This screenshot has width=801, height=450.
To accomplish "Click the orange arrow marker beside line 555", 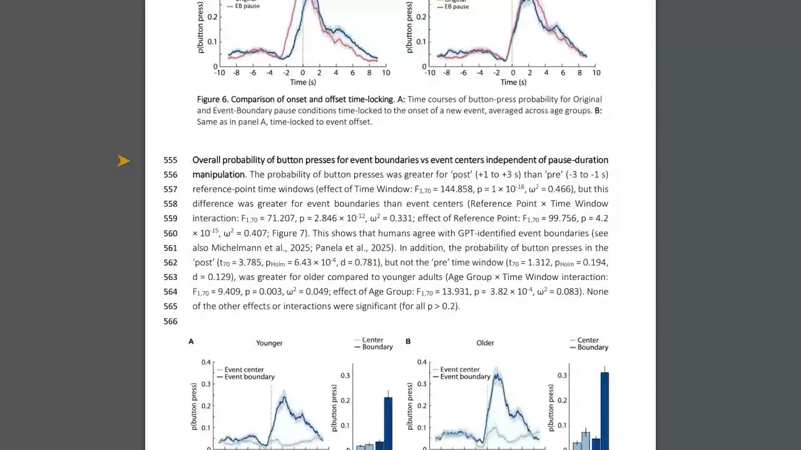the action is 124,161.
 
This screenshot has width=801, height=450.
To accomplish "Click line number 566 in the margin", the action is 171,321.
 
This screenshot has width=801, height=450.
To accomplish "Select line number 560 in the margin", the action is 171,234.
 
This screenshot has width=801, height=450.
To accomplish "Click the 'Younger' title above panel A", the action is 269,343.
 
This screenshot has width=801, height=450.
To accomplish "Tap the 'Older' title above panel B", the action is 485,343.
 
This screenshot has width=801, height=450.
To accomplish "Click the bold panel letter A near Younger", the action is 191,342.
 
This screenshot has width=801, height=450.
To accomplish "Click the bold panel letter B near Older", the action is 408,342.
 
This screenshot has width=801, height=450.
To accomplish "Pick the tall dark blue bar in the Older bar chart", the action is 605,411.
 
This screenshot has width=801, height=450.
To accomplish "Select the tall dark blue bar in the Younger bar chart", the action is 388,424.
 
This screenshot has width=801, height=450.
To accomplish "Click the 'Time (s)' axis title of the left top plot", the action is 303,82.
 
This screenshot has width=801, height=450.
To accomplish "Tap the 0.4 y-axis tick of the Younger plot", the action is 206,362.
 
